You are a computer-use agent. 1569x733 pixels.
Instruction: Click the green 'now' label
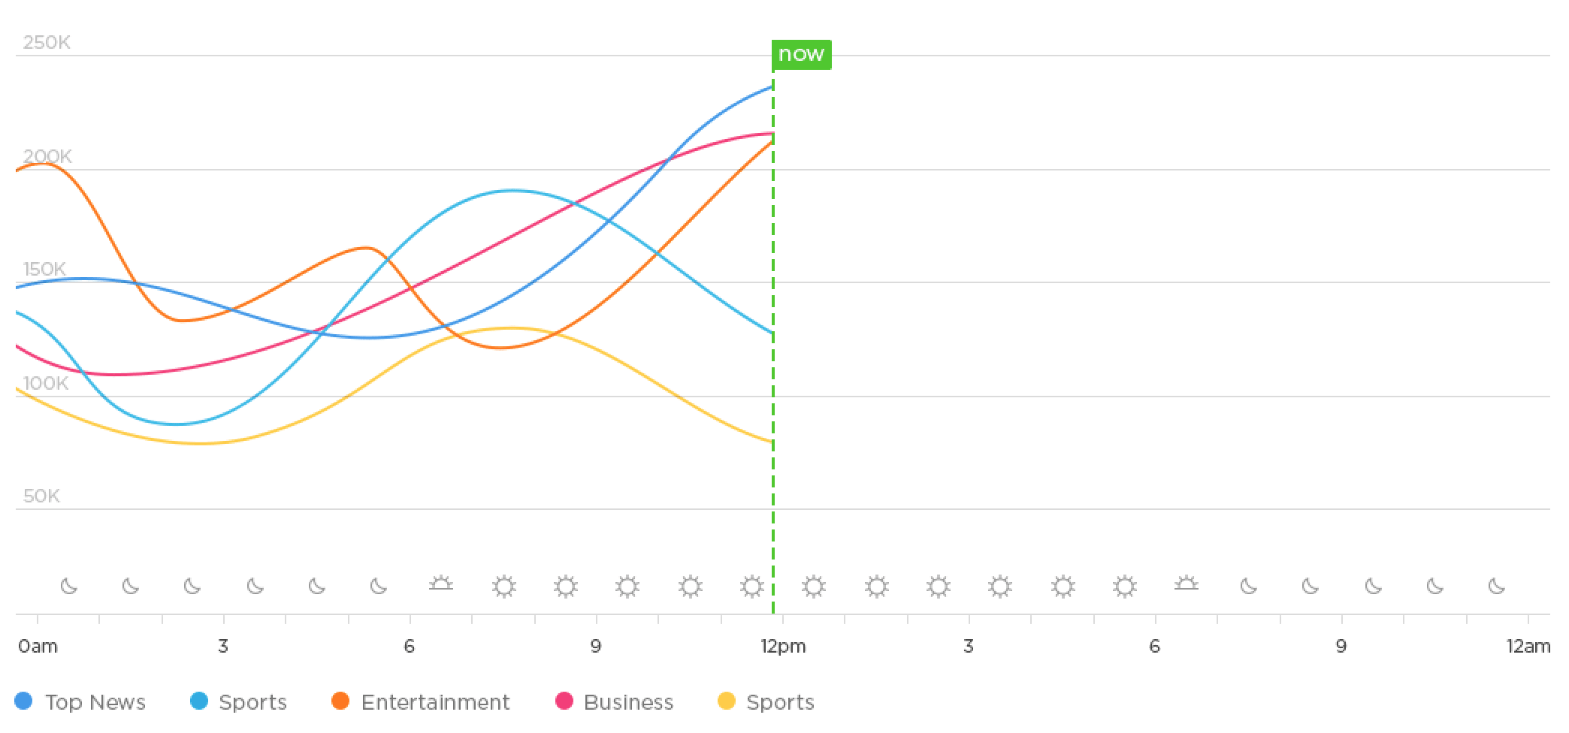(801, 55)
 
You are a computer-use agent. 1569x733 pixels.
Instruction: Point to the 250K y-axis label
(47, 42)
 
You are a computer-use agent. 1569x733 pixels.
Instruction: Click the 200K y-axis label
(47, 156)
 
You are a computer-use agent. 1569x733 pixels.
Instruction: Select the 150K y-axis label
(44, 269)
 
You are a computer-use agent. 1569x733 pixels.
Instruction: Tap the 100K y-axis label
(46, 383)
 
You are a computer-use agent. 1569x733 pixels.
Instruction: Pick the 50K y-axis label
(41, 496)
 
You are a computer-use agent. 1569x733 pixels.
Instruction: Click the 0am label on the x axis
(38, 646)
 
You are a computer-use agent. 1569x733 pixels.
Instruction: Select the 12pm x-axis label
(783, 646)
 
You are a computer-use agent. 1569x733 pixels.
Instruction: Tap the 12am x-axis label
(1528, 646)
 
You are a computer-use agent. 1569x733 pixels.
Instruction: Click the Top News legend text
(95, 702)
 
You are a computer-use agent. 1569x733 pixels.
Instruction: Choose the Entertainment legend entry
(435, 702)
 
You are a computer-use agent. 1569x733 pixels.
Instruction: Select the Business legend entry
(628, 702)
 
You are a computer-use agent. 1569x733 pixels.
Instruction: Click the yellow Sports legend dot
(727, 701)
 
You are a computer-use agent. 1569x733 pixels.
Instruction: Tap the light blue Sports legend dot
(199, 701)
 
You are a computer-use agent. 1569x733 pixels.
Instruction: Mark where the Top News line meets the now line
(773, 87)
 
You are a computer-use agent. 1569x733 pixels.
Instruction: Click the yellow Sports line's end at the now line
(773, 442)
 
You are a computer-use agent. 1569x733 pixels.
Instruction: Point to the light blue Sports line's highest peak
(512, 191)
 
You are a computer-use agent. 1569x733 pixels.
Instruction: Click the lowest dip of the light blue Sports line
(177, 424)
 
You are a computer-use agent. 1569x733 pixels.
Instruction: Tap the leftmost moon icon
(69, 586)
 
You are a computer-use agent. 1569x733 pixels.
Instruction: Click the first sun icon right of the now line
(814, 586)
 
